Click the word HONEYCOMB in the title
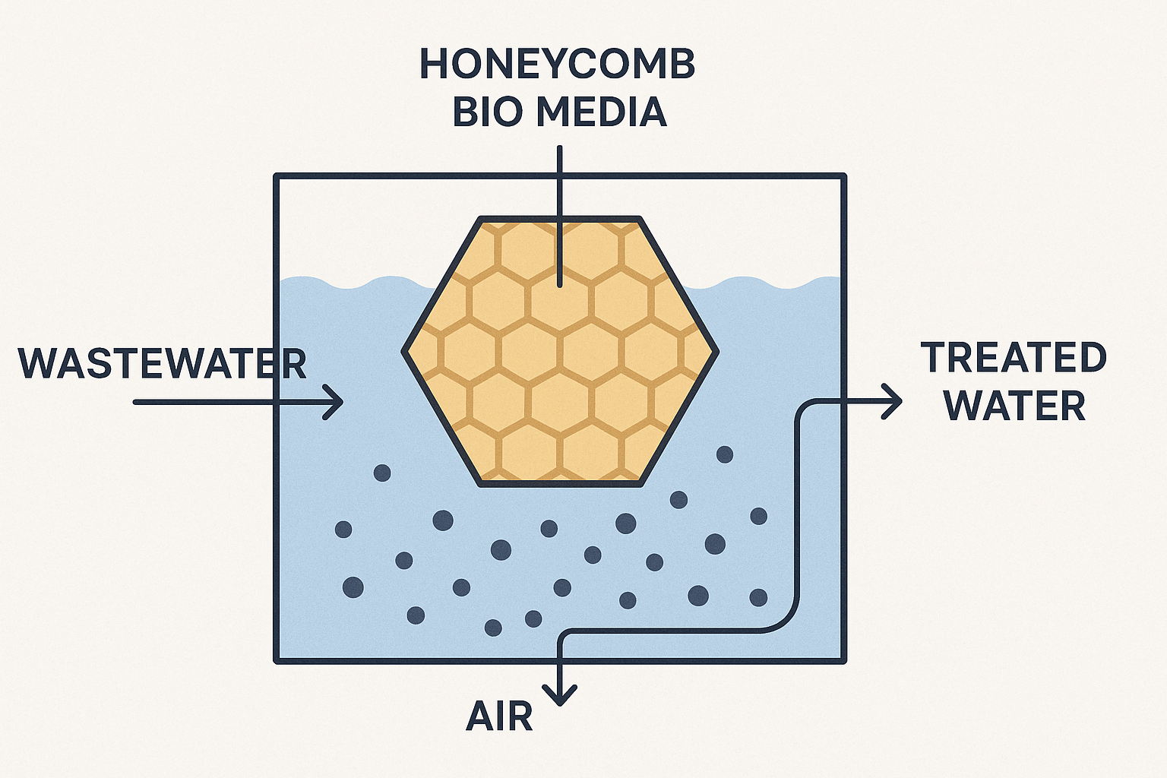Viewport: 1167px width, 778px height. [x=557, y=65]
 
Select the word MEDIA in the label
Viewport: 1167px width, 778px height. [x=600, y=112]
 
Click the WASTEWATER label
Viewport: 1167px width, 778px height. [x=162, y=364]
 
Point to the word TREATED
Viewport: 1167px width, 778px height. [x=1014, y=358]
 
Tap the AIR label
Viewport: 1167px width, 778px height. [x=499, y=716]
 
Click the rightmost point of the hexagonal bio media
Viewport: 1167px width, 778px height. [x=716, y=351]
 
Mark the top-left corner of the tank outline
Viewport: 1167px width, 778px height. [x=277, y=176]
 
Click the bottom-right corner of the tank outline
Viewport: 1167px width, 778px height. [x=843, y=659]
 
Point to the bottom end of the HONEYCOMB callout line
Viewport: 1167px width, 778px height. [x=560, y=285]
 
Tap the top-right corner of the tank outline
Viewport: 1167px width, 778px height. [x=843, y=176]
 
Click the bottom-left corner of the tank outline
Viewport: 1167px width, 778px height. [x=277, y=659]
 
